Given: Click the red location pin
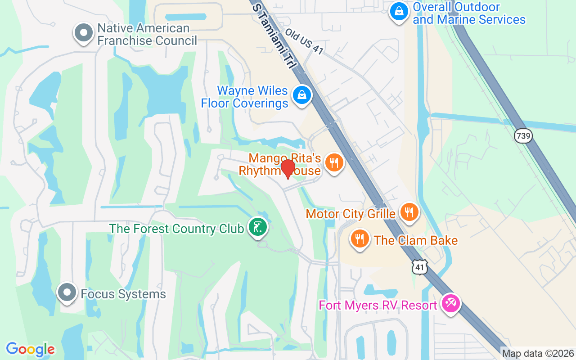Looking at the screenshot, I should tap(288, 169).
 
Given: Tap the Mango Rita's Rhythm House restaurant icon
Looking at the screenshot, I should tap(333, 163).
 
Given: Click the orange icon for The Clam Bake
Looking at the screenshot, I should tap(359, 238).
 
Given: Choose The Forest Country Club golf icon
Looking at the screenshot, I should tap(257, 227).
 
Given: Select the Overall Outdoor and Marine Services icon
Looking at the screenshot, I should tap(399, 12).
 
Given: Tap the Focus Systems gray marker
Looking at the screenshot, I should tap(67, 292).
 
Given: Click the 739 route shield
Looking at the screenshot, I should tap(524, 136).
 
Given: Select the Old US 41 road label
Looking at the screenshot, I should tap(304, 43).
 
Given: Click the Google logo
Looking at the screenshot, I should tap(30, 349).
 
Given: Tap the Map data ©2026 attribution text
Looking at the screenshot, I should tap(538, 353).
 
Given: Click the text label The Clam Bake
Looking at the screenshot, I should tap(416, 240).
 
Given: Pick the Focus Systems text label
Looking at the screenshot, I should tap(123, 294).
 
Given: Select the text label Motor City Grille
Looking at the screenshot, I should tap(351, 213).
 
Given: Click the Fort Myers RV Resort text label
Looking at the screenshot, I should tap(378, 305).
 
